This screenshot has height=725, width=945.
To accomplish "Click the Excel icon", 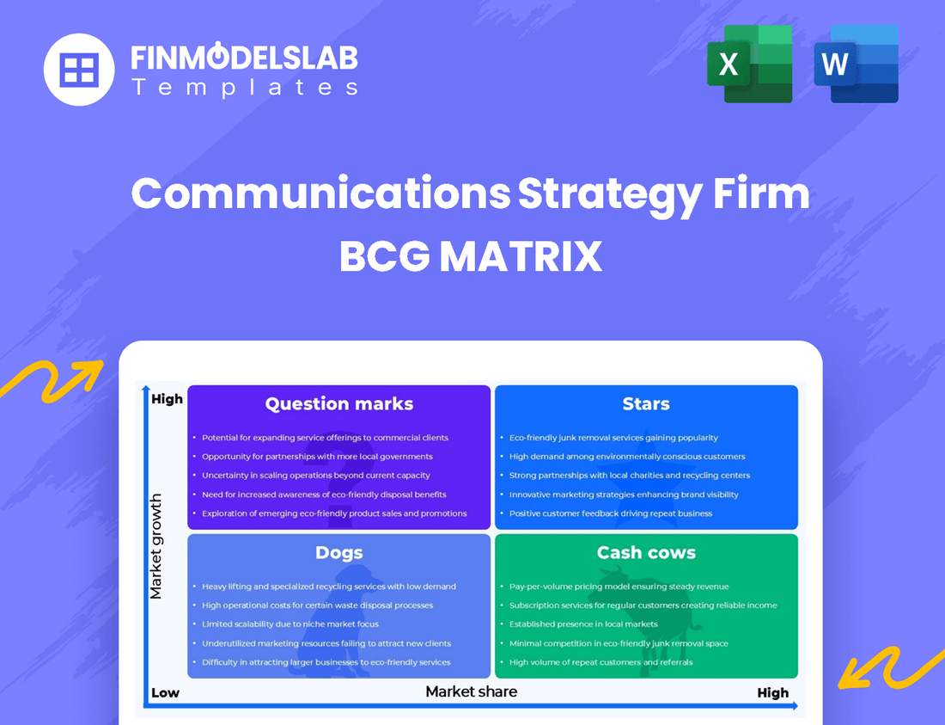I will pos(749,64).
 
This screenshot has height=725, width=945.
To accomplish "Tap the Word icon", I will pos(856,64).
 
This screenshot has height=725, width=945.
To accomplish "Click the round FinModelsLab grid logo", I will pos(79,70).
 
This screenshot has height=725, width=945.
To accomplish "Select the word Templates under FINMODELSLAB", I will pos(244,87).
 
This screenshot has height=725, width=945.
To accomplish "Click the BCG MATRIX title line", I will pos(471,256).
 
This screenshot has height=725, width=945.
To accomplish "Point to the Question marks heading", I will pos(339,404).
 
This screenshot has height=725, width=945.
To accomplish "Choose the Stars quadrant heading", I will pos(646,404).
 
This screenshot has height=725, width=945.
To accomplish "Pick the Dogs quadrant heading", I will pos(339,553).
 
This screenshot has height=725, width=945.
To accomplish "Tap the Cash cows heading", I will pos(646,553).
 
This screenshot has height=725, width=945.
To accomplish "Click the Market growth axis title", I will pos(156,546).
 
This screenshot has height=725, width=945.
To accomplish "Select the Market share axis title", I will pos(472,691).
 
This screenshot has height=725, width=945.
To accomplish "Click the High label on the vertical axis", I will pos(167,399).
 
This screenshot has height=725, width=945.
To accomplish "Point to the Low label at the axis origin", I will pos(165,693).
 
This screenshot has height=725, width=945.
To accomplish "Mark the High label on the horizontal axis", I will pos(772,693).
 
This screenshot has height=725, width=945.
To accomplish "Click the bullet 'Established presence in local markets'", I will pos(583,624).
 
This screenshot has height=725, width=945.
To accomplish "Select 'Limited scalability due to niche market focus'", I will pos(290,624).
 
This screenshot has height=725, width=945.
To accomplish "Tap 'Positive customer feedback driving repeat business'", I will pos(611,513).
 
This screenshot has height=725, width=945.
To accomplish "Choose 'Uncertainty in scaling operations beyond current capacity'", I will pos(316,476).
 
